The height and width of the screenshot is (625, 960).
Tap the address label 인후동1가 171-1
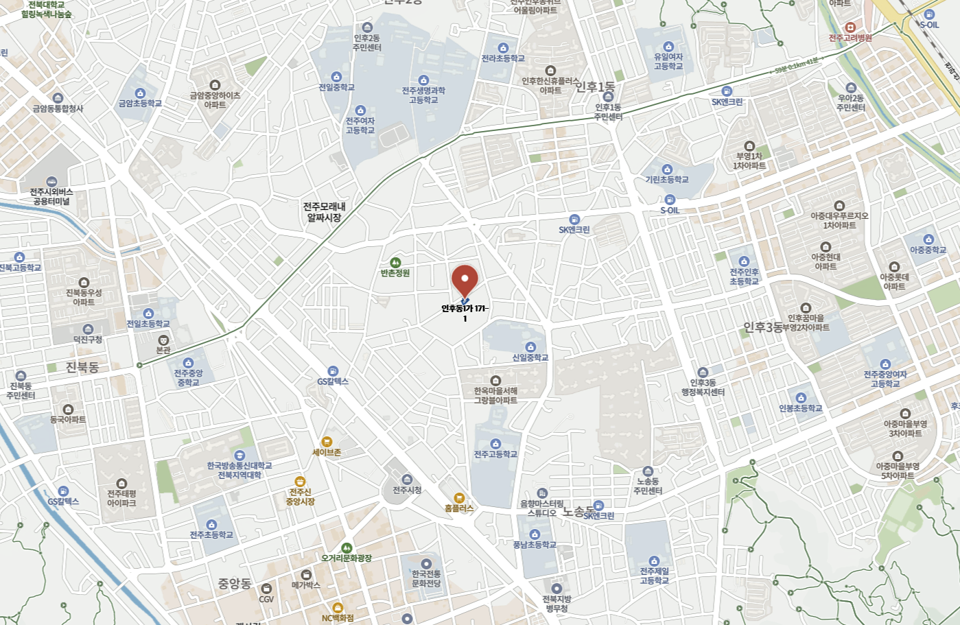[x=465, y=313]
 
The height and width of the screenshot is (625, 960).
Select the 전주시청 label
[x=407, y=490]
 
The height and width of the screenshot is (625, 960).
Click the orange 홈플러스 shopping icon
[x=459, y=498]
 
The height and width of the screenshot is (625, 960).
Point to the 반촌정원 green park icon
[x=395, y=263]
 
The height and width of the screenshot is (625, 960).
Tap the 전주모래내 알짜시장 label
[x=324, y=211]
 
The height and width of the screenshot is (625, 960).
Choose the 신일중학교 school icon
[x=530, y=347]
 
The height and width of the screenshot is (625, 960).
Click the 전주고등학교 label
[x=495, y=454]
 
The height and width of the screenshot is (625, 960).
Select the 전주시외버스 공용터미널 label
[x=51, y=197]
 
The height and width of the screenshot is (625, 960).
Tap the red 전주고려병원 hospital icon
[x=850, y=27]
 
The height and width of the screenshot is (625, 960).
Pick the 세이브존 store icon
[x=327, y=442]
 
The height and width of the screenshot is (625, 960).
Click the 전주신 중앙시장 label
[x=300, y=497]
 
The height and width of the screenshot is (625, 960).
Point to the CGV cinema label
[x=266, y=599]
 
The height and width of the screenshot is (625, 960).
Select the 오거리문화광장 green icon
[x=347, y=548]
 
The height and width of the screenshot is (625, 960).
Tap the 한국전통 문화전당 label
[x=426, y=578]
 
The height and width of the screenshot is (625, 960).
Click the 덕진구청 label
[x=88, y=340]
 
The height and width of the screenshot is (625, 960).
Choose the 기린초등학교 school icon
[x=667, y=169]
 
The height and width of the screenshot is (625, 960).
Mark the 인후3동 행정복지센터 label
[x=703, y=388]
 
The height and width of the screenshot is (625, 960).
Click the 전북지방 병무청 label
[x=557, y=604]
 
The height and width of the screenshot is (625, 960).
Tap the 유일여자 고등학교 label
[x=668, y=62]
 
